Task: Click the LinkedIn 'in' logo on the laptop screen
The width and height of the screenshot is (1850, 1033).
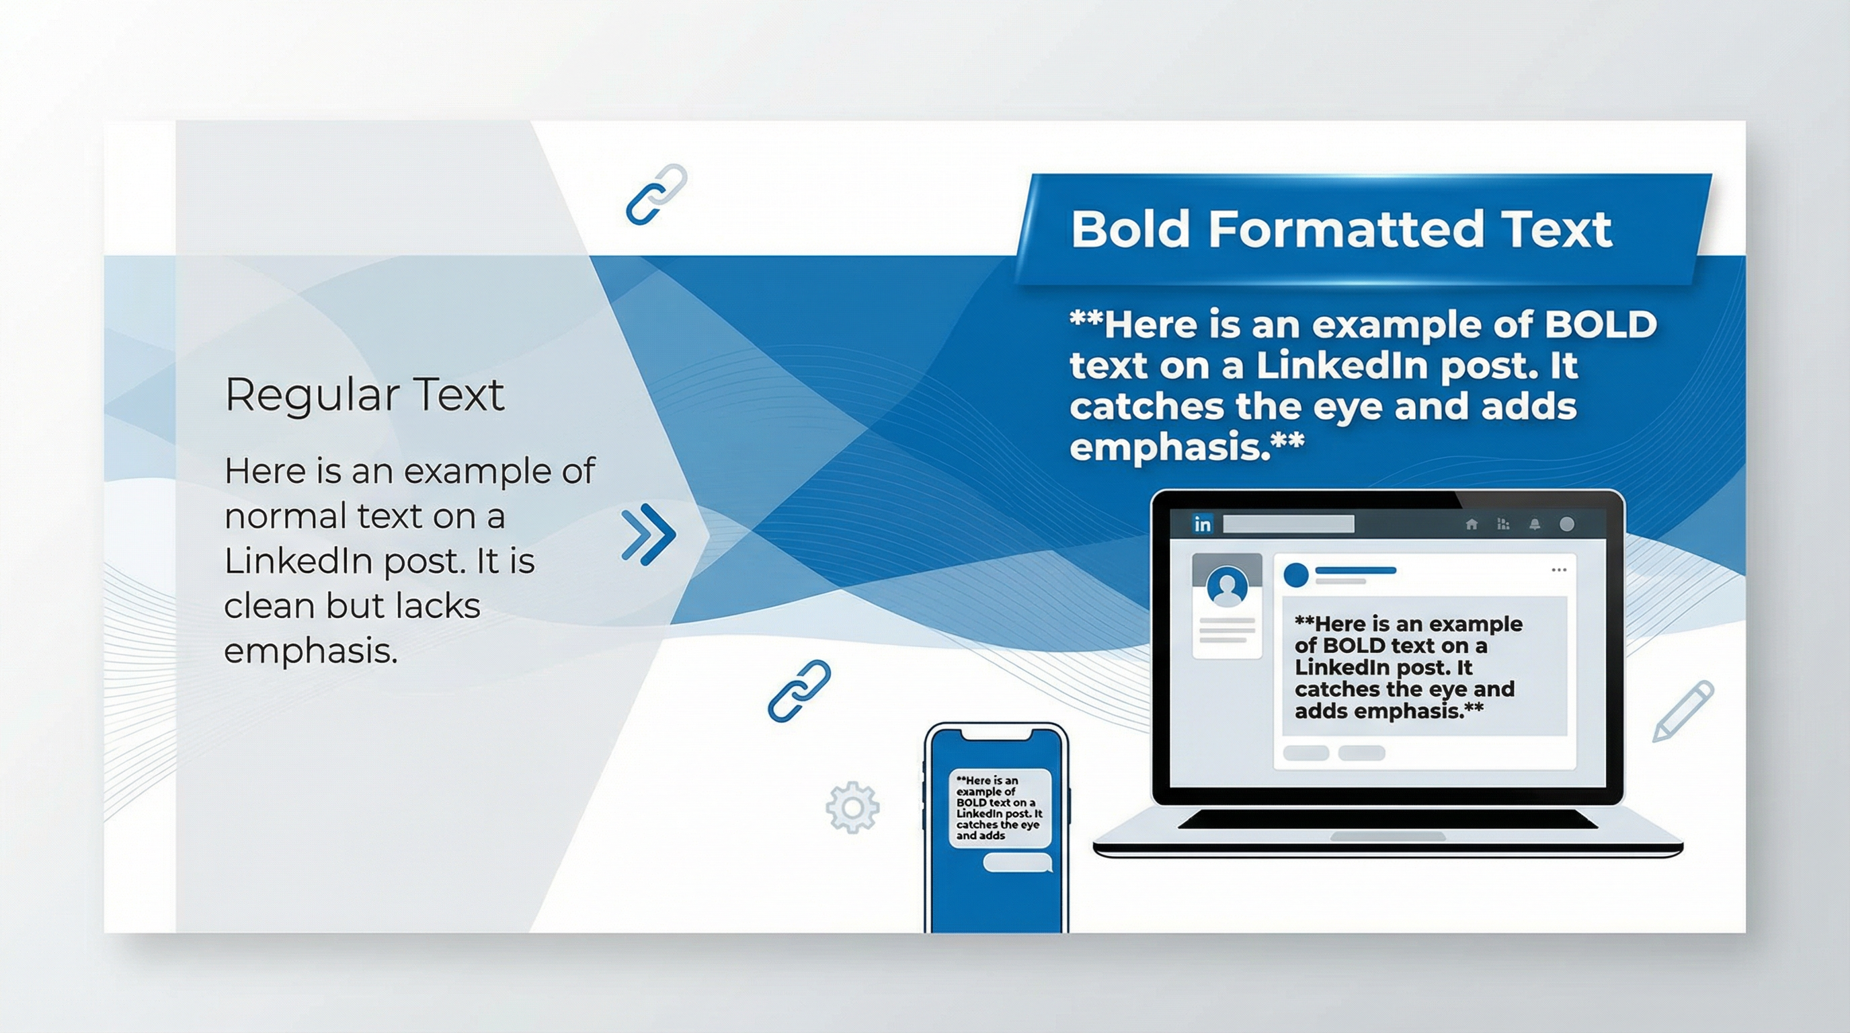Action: [1202, 525]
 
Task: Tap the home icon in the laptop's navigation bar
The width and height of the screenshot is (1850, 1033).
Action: [1472, 525]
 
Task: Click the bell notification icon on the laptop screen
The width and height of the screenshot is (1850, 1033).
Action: [1535, 525]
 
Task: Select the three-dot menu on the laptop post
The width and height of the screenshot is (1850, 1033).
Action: [1558, 570]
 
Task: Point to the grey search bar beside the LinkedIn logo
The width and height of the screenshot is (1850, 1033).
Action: [1288, 525]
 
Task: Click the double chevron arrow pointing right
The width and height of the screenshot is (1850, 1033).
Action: [649, 535]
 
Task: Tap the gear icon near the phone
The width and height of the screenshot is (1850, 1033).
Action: [852, 808]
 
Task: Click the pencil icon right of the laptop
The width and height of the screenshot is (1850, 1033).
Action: [1683, 710]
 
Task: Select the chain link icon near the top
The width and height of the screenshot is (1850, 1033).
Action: [656, 194]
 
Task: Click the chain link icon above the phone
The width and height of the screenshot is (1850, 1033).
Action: [799, 689]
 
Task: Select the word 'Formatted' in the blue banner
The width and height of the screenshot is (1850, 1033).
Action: [1345, 229]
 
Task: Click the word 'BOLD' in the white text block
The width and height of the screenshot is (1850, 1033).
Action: [1600, 325]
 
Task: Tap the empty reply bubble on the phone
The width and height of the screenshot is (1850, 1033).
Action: [1016, 863]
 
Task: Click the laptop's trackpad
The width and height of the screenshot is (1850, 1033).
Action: [1387, 837]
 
